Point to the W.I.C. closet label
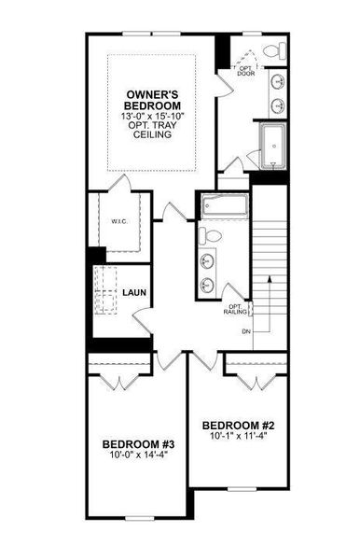[106, 222]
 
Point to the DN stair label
[246, 330]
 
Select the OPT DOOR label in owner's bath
[247, 71]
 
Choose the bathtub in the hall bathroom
[222, 204]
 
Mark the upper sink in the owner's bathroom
[279, 82]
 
